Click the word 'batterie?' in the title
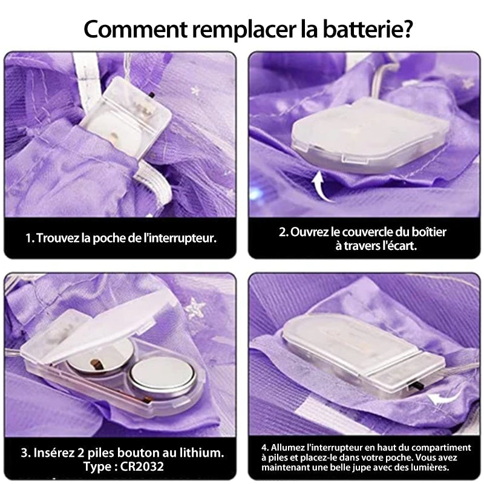[x=367, y=28]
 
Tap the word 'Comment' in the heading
[x=135, y=29]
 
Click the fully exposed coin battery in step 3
[x=162, y=379]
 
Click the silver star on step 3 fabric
[x=195, y=308]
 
